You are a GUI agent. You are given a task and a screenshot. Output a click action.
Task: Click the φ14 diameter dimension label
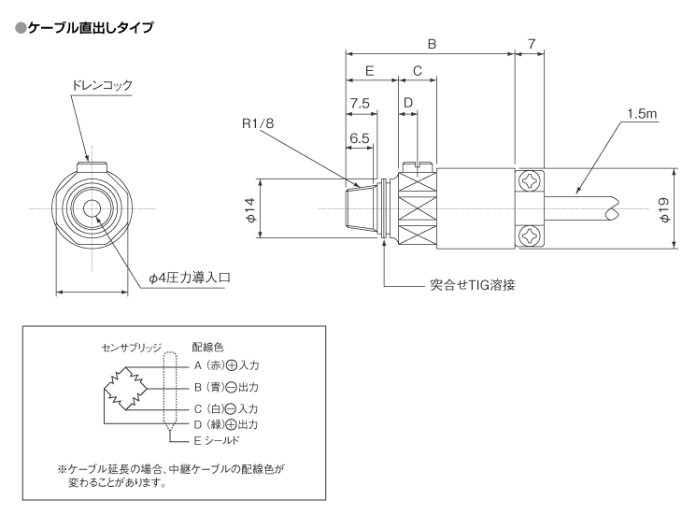[x=251, y=210]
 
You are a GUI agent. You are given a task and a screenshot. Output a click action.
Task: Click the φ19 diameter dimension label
[x=664, y=209]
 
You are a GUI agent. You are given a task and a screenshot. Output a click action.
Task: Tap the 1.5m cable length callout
[x=642, y=114]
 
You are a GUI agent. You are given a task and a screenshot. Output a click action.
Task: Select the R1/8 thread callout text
[x=258, y=123]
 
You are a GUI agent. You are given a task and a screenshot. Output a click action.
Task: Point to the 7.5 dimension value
[x=360, y=104]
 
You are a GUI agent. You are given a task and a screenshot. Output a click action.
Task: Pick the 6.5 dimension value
[x=360, y=138]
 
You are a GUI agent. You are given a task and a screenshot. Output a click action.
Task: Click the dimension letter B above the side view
[x=432, y=44]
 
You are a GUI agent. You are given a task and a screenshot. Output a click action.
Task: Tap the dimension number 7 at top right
[x=532, y=44]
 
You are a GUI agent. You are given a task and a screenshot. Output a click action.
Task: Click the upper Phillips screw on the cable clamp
[x=530, y=181]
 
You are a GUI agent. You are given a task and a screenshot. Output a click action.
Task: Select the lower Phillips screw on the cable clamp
[x=530, y=236]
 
